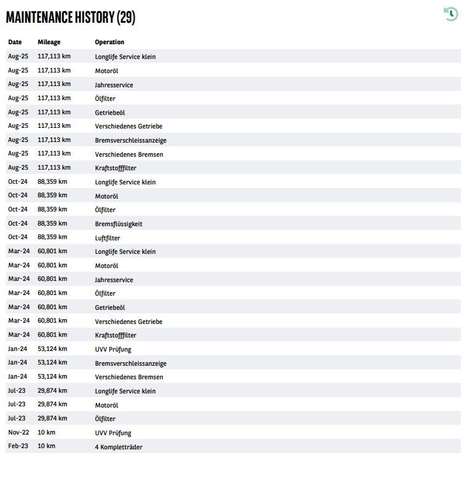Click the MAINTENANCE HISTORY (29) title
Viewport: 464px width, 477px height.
pos(70,17)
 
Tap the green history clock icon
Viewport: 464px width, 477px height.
pos(451,14)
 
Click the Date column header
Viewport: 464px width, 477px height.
pos(15,42)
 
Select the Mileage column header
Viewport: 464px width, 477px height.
pos(49,42)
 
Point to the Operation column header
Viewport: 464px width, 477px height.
pos(109,42)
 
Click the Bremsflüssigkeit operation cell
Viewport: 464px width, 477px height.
pos(119,224)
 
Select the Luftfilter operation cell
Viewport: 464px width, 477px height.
pos(108,238)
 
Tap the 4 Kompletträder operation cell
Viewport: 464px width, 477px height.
pos(119,447)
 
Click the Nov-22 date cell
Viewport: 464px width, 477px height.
pos(18,433)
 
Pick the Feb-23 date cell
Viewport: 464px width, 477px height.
pos(18,446)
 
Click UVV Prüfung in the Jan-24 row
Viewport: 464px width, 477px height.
pos(113,349)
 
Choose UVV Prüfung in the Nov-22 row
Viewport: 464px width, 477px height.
pos(113,433)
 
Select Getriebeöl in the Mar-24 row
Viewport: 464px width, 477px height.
pos(110,307)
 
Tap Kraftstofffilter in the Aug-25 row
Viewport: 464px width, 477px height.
pos(116,168)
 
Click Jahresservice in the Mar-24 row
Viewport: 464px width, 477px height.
pos(114,280)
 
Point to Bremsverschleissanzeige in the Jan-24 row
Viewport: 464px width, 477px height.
pos(131,363)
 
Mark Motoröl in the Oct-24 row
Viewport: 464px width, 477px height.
pos(106,196)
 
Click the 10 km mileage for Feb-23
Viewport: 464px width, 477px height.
pos(46,446)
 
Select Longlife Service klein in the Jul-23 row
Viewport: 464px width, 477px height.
pos(125,391)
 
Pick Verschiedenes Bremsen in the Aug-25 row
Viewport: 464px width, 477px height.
pos(129,154)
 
